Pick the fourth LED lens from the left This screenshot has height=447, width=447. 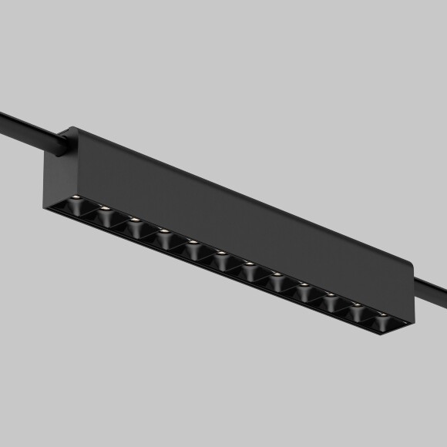pos(163,230)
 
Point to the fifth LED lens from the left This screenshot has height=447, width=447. pos(191,243)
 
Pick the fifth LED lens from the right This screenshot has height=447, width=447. pos(276,275)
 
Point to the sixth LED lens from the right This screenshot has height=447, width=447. pos(248,264)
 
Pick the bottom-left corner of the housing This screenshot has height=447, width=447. pos(45,207)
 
